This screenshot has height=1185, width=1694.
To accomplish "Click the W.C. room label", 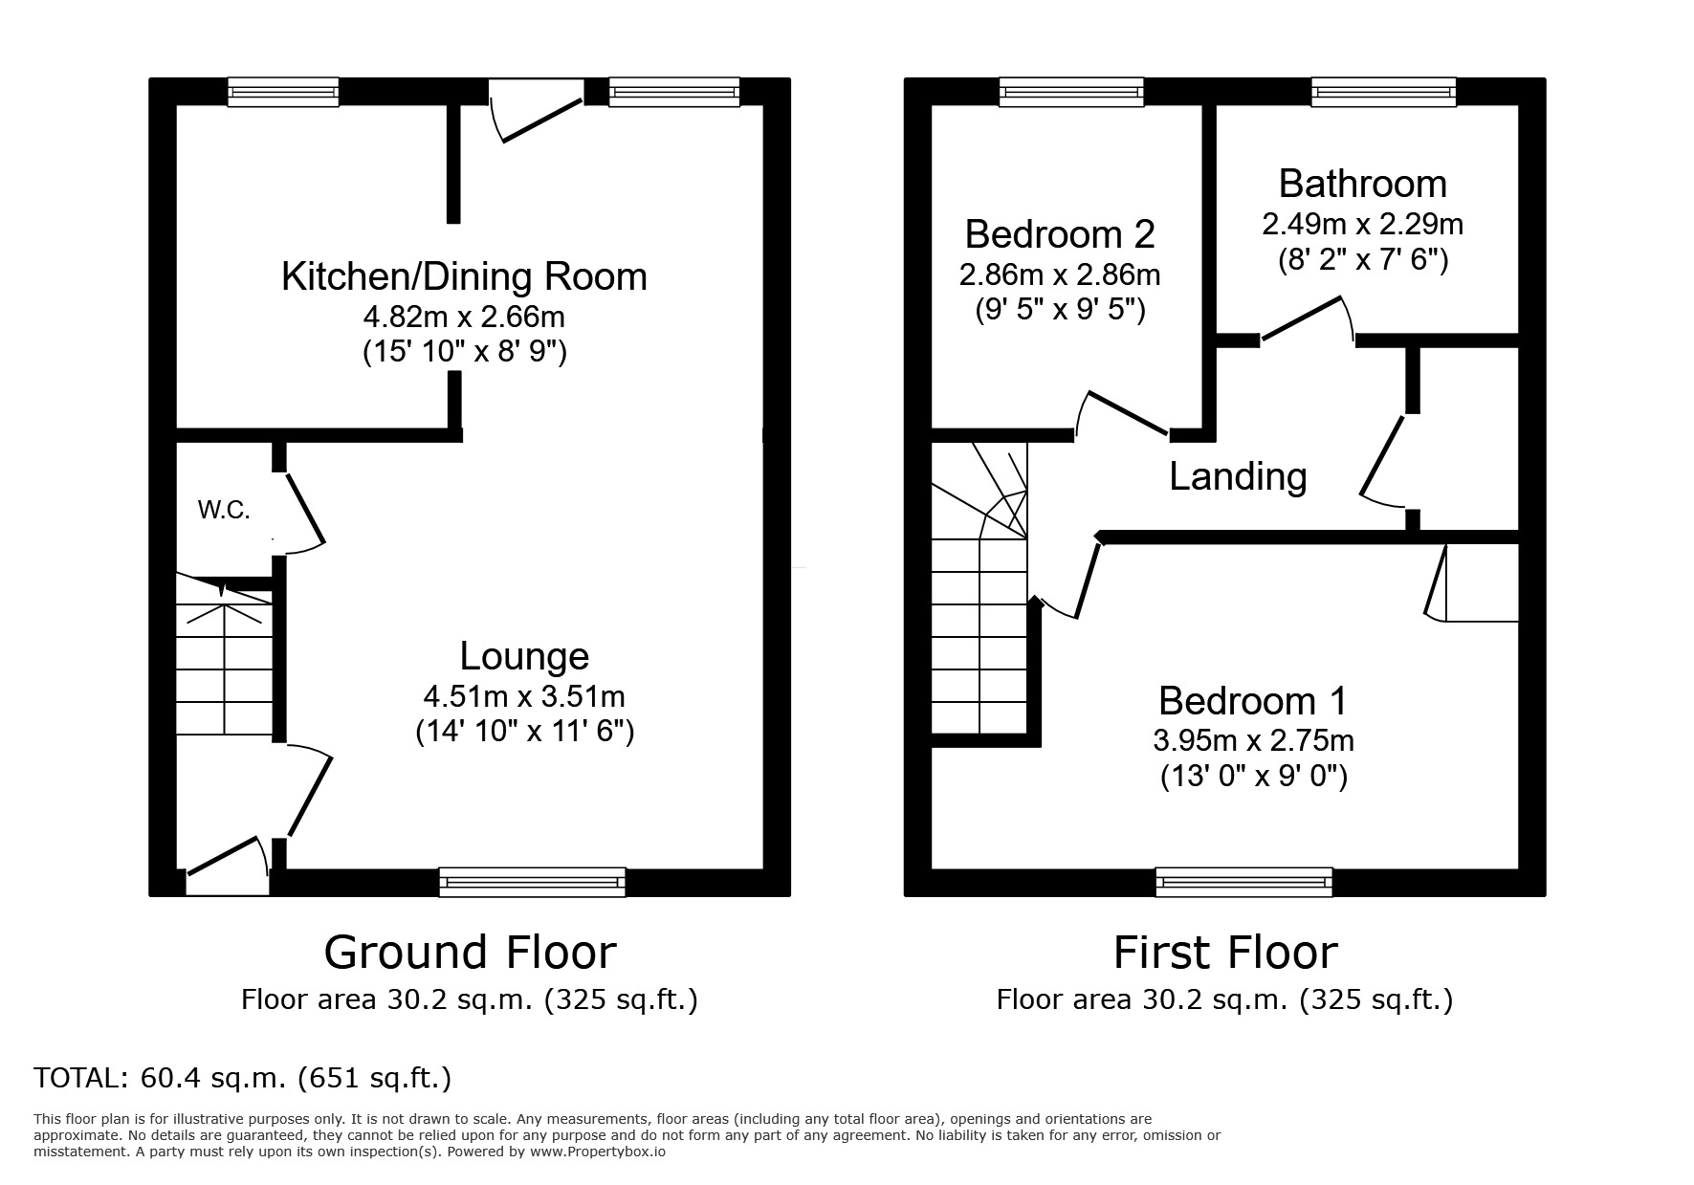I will (x=224, y=511).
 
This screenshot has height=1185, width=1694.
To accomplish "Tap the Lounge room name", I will (x=524, y=656).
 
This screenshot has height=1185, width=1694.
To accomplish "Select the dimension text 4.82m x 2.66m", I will (x=464, y=316).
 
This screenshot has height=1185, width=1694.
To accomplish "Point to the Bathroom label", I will (x=1362, y=184).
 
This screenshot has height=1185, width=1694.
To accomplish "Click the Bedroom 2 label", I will (x=1060, y=234).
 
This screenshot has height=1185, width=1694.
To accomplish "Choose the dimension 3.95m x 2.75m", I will (x=1253, y=740).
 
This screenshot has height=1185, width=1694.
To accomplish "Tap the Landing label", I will (x=1238, y=476).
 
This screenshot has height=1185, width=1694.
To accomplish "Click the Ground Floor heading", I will (x=470, y=953).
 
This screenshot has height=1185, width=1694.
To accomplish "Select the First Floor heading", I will (x=1224, y=953).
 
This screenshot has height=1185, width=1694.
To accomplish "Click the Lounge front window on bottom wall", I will (x=532, y=881).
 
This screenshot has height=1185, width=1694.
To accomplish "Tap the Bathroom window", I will (x=1383, y=92).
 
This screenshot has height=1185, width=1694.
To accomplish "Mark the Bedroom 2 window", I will (x=1071, y=92).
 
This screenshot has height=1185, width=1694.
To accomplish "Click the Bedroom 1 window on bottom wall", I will (x=1243, y=881).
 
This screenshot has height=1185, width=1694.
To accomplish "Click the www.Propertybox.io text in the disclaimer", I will (x=597, y=1152).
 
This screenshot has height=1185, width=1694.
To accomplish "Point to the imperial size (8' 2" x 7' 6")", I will (x=1362, y=260).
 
